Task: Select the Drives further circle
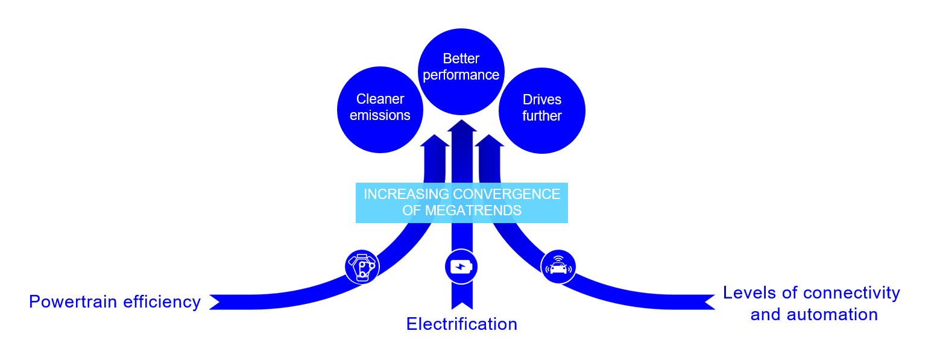coord(541,110)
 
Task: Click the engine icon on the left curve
coord(362,267)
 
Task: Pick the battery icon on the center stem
coord(461,267)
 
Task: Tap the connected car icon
coord(558,267)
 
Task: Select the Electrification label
coord(461,324)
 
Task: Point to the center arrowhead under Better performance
coord(462,125)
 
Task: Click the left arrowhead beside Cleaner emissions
coord(435,141)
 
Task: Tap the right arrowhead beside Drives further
coord(489,141)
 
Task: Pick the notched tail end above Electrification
coord(462,302)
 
